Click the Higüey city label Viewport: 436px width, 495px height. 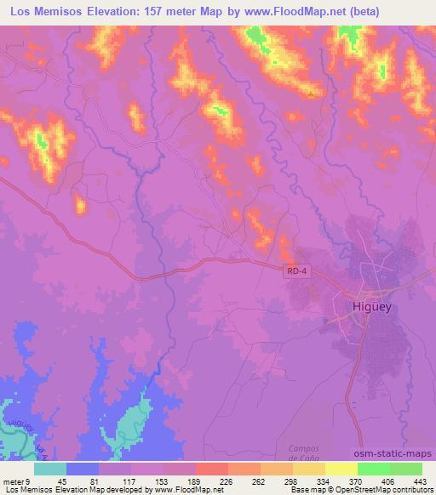371,307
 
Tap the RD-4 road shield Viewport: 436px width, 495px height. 293,269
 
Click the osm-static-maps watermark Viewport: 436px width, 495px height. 399,454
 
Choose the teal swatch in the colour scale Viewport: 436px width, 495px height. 50,468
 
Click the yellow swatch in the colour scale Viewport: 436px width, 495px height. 341,468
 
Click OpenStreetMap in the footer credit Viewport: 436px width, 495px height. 346,489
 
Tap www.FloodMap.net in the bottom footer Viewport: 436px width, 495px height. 181,489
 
